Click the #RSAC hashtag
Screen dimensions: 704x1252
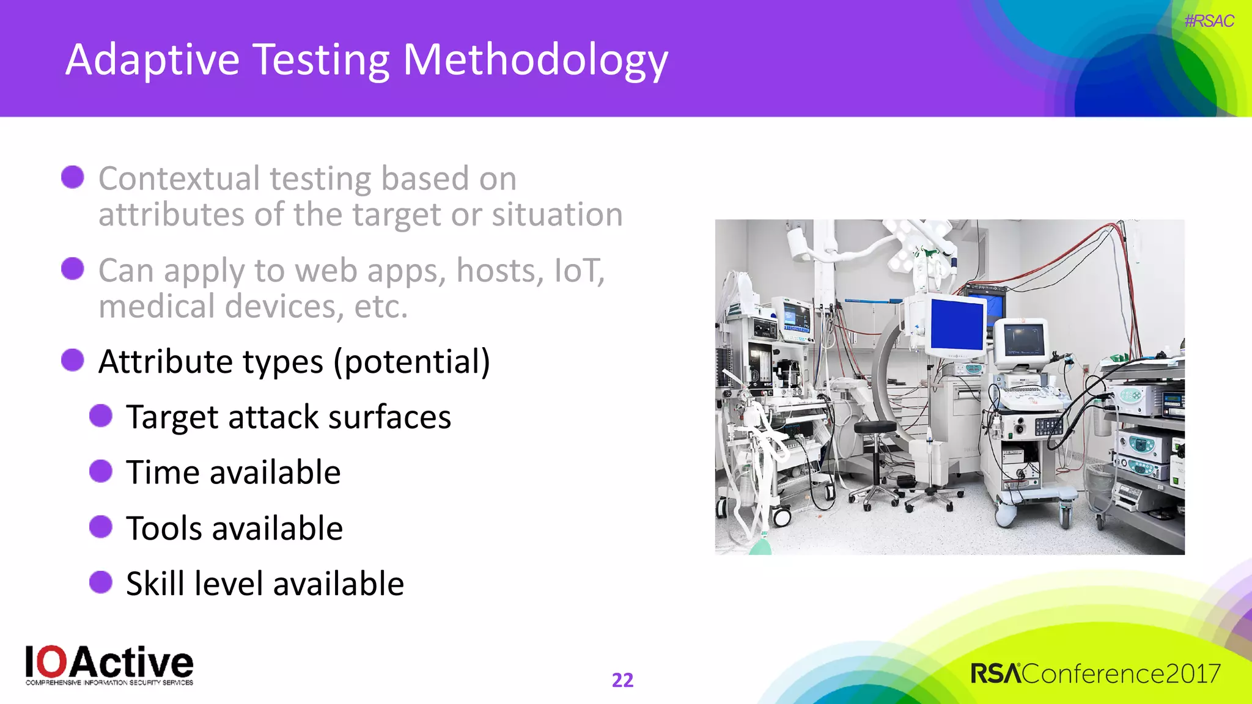point(1209,21)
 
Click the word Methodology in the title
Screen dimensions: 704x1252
point(535,61)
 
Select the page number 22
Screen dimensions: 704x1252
point(622,680)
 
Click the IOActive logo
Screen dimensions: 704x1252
point(109,665)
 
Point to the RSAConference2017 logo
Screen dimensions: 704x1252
point(1095,674)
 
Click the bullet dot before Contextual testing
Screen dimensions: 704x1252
point(73,177)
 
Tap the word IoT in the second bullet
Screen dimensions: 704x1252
point(578,270)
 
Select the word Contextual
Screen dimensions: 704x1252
point(179,178)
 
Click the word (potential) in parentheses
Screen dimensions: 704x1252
point(411,362)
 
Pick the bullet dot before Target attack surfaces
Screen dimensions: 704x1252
point(101,416)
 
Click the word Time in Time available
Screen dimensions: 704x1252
point(163,472)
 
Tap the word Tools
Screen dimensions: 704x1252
point(164,528)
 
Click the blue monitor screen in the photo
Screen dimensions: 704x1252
point(957,324)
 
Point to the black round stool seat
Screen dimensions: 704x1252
point(875,427)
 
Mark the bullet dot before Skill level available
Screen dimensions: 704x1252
point(101,582)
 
